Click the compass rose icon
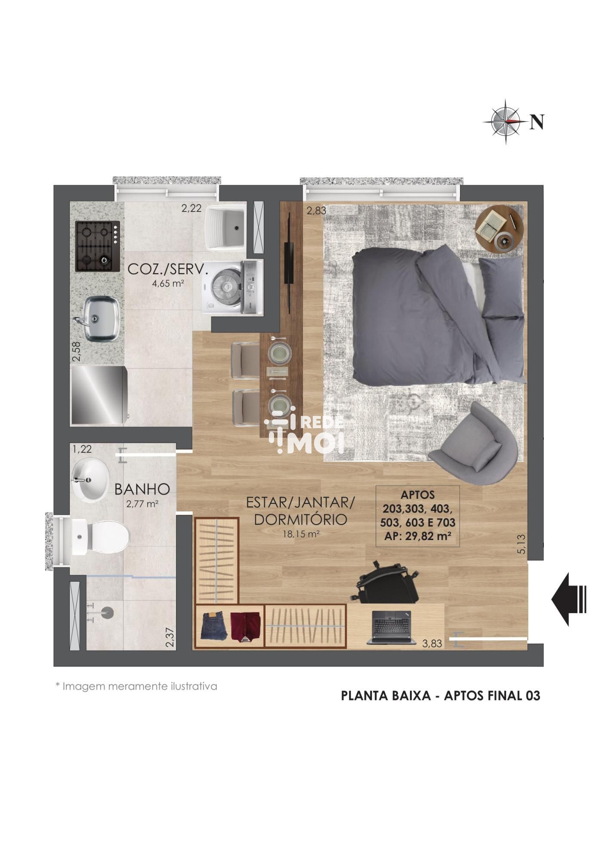pyautogui.click(x=506, y=122)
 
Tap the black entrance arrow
pyautogui.click(x=569, y=599)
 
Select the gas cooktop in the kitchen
pyautogui.click(x=98, y=246)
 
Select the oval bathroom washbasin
pyautogui.click(x=90, y=480)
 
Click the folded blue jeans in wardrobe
pyautogui.click(x=214, y=626)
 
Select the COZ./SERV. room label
pyautogui.click(x=168, y=270)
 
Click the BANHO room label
pyautogui.click(x=142, y=489)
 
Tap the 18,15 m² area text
pyautogui.click(x=301, y=534)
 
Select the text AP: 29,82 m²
pyautogui.click(x=417, y=536)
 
